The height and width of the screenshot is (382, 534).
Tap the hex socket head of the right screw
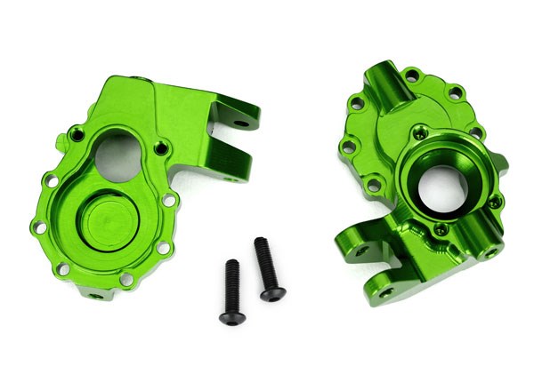click(x=261, y=243)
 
